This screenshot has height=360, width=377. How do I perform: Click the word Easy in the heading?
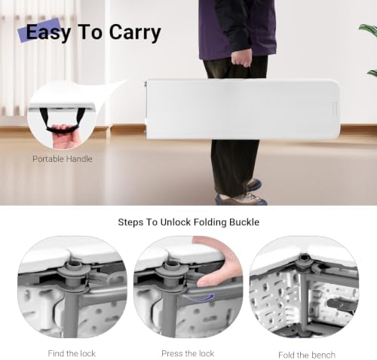48,32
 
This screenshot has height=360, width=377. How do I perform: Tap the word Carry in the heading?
135,32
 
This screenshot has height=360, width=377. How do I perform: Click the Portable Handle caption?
63,159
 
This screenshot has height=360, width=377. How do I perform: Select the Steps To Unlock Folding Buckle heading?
188,222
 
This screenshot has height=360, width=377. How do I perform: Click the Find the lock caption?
72,353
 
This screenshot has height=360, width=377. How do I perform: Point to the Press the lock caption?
188,353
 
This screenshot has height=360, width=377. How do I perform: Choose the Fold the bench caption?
307,355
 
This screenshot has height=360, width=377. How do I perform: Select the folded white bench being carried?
243,109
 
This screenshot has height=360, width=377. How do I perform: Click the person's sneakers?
241,193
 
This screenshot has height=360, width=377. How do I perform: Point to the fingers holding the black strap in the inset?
62,136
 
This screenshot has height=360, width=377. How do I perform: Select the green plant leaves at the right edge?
369,50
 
